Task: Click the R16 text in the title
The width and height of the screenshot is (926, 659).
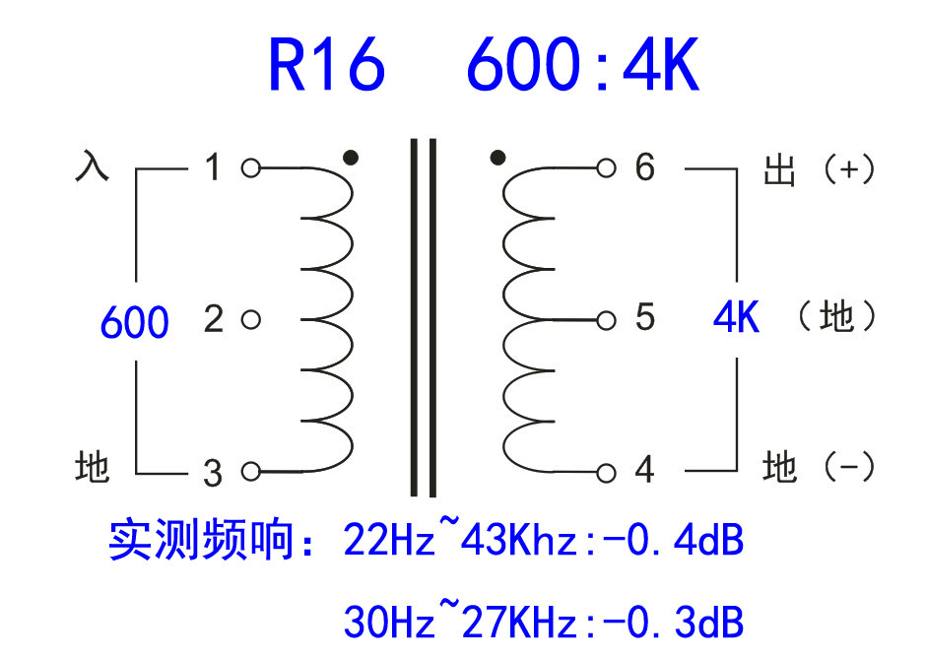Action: pyautogui.click(x=326, y=66)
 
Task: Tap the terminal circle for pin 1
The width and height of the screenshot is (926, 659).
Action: pyautogui.click(x=250, y=168)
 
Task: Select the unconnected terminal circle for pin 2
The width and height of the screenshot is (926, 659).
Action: pyautogui.click(x=250, y=319)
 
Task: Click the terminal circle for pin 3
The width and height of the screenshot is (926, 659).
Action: pyautogui.click(x=250, y=472)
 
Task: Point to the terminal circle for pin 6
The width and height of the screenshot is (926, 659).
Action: pyautogui.click(x=606, y=167)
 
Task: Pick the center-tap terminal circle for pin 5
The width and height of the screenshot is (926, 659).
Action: pyautogui.click(x=606, y=319)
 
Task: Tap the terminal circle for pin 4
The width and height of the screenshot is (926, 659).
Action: pyautogui.click(x=606, y=472)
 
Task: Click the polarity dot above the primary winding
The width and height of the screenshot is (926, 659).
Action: pyautogui.click(x=350, y=157)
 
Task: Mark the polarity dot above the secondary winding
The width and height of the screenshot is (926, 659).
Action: pyautogui.click(x=497, y=157)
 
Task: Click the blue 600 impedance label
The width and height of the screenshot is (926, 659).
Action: pyautogui.click(x=135, y=322)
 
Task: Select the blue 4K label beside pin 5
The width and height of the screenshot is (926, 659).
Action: pyautogui.click(x=736, y=318)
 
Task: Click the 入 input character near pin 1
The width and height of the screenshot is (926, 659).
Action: pyautogui.click(x=92, y=166)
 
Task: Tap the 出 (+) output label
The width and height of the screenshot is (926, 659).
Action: pyautogui.click(x=819, y=169)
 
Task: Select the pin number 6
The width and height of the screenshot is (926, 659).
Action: pyautogui.click(x=644, y=167)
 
